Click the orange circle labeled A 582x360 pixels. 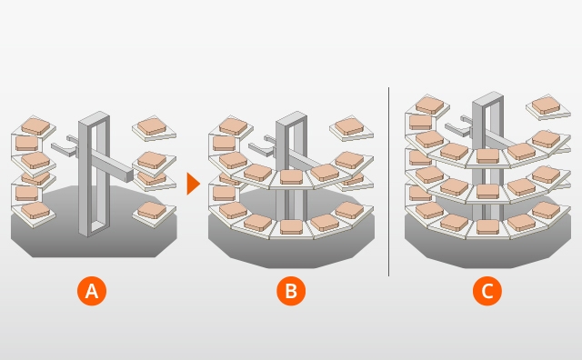(92, 291)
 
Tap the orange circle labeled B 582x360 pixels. (291, 291)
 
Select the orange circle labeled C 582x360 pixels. (487, 291)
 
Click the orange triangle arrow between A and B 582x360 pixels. (193, 184)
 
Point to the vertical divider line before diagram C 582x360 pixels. (388, 182)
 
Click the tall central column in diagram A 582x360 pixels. (94, 174)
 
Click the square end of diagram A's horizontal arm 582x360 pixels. (129, 176)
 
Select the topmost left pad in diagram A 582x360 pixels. (35, 126)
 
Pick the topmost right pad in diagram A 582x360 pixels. (152, 126)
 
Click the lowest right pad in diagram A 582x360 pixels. (152, 210)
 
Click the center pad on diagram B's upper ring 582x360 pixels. (291, 177)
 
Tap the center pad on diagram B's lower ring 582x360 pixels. (291, 226)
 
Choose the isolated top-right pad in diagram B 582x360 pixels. (348, 126)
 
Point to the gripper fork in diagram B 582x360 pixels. (261, 147)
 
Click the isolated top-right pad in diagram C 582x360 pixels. (546, 105)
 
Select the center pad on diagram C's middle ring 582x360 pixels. (487, 191)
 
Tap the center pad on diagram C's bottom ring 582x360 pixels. (487, 226)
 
